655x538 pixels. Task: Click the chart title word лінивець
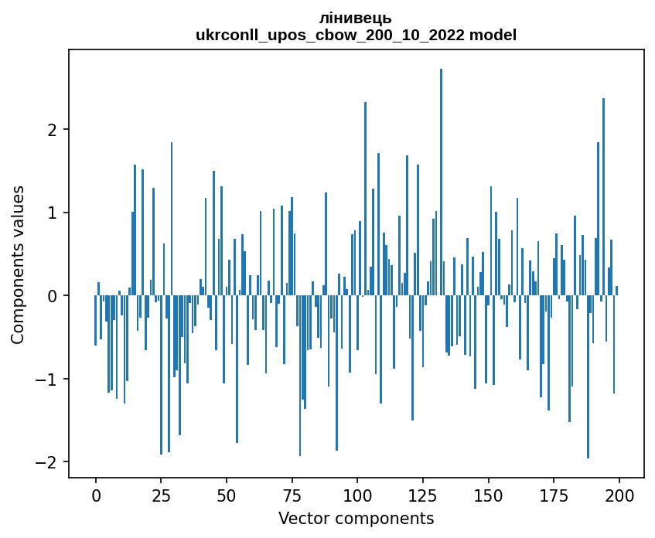356,18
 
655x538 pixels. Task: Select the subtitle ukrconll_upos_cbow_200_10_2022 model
356,35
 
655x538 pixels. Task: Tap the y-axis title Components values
18,264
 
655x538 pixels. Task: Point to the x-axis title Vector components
356,518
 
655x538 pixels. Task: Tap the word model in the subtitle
497,35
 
